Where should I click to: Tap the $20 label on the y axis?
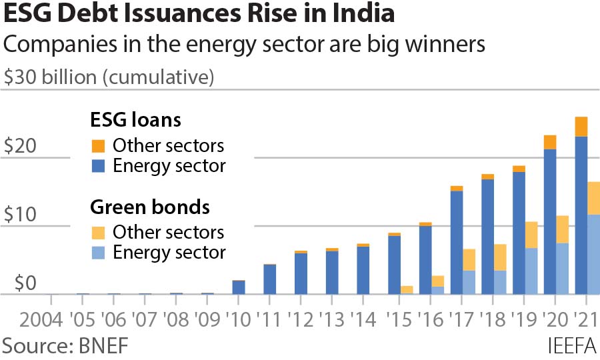(19, 147)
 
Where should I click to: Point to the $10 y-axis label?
(19, 215)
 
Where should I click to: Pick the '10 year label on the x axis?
(238, 317)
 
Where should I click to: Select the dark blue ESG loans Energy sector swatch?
(98, 165)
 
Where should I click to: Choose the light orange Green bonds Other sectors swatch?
(98, 233)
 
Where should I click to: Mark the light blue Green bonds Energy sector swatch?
(98, 252)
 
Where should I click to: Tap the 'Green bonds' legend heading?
(150, 207)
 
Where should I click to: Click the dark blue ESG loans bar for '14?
(363, 270)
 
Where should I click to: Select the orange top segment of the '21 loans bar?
(581, 127)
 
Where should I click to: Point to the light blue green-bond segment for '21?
(593, 254)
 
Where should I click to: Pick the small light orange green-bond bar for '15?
(407, 289)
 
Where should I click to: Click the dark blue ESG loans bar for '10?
(238, 287)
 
